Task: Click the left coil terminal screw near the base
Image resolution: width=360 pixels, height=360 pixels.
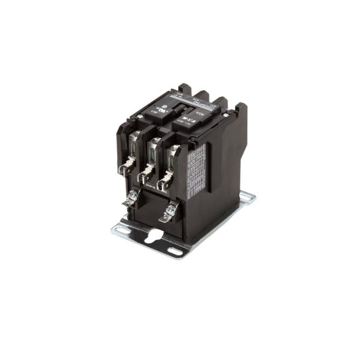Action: pyautogui.click(x=133, y=196)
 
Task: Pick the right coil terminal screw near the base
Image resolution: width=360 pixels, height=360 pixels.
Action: pyautogui.click(x=171, y=211)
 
